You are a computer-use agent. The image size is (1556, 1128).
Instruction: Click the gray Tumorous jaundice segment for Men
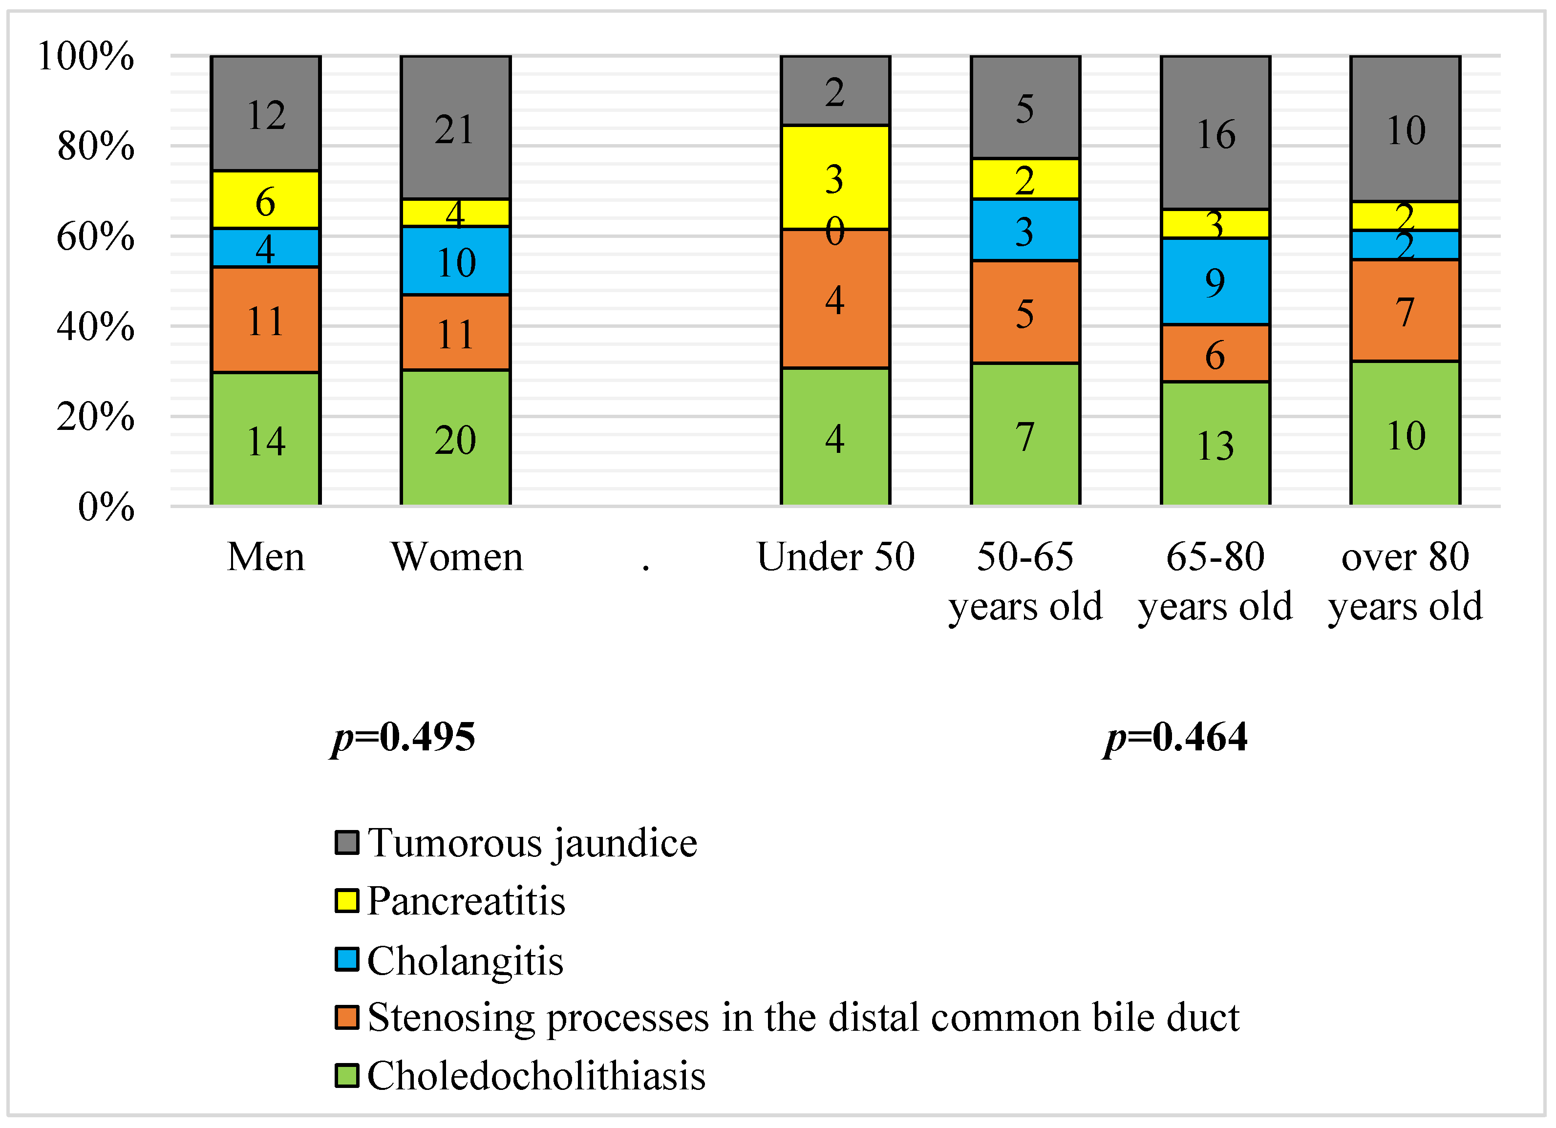(265, 113)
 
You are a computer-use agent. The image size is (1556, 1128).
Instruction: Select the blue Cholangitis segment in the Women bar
(455, 261)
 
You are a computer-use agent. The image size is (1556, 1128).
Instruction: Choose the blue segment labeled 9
(1215, 281)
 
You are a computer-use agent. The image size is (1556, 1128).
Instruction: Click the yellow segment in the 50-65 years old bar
(1025, 179)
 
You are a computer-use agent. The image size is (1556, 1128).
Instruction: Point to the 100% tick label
(86, 56)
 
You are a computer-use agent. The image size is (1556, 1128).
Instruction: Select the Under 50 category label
(835, 556)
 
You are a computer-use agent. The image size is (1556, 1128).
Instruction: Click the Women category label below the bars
(456, 556)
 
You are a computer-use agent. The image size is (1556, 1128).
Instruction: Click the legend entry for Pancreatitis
(465, 901)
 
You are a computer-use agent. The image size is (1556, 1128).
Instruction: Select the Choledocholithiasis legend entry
(535, 1075)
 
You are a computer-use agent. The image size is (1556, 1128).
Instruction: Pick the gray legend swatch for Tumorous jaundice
(347, 843)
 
